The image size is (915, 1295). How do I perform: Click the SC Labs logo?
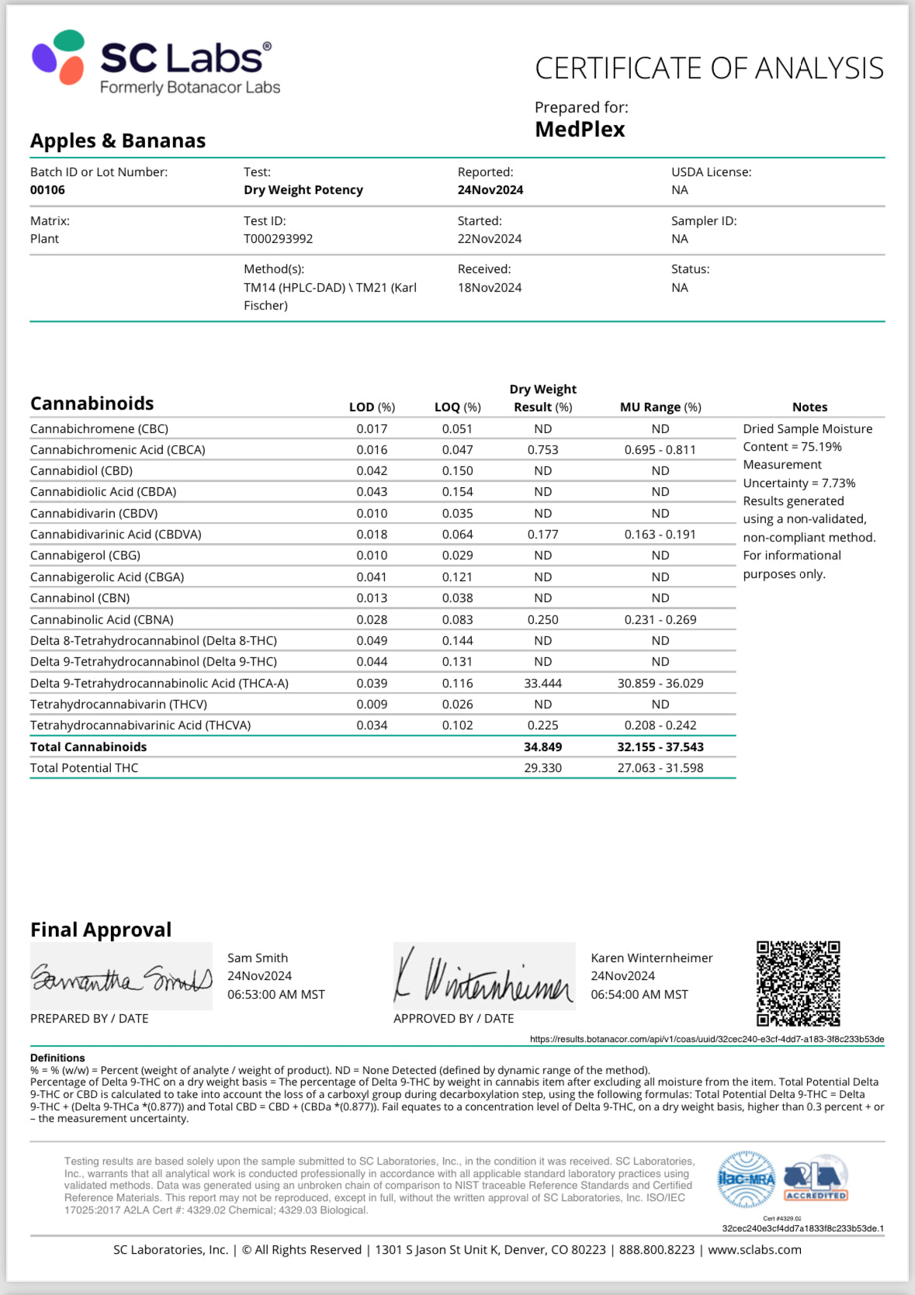pyautogui.click(x=155, y=62)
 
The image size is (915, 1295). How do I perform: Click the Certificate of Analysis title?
pyautogui.click(x=709, y=68)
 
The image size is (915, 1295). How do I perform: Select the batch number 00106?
pyautogui.click(x=47, y=190)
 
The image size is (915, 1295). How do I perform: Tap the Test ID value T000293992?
pyautogui.click(x=278, y=239)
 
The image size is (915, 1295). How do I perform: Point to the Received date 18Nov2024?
pyautogui.click(x=489, y=288)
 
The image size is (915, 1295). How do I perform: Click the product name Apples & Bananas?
pyautogui.click(x=118, y=141)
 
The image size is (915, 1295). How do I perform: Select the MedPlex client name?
pyautogui.click(x=580, y=130)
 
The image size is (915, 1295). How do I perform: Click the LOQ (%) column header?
pyautogui.click(x=457, y=407)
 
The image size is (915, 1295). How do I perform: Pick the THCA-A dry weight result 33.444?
pyautogui.click(x=542, y=684)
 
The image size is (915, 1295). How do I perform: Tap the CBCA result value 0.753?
pyautogui.click(x=542, y=450)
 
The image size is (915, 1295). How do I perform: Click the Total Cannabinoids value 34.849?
pyautogui.click(x=542, y=747)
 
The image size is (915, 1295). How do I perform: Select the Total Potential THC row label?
pyautogui.click(x=84, y=768)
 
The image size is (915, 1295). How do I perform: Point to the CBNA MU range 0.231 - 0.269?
pyautogui.click(x=660, y=620)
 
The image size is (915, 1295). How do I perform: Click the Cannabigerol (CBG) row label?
pyautogui.click(x=85, y=556)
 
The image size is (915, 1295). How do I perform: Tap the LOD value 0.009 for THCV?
pyautogui.click(x=372, y=705)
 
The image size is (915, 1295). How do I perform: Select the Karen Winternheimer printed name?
pyautogui.click(x=651, y=958)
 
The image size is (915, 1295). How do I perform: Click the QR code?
pyautogui.click(x=798, y=983)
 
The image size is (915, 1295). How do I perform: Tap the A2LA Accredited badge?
pyautogui.click(x=815, y=1180)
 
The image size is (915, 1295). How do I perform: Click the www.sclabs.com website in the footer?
pyautogui.click(x=754, y=1250)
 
